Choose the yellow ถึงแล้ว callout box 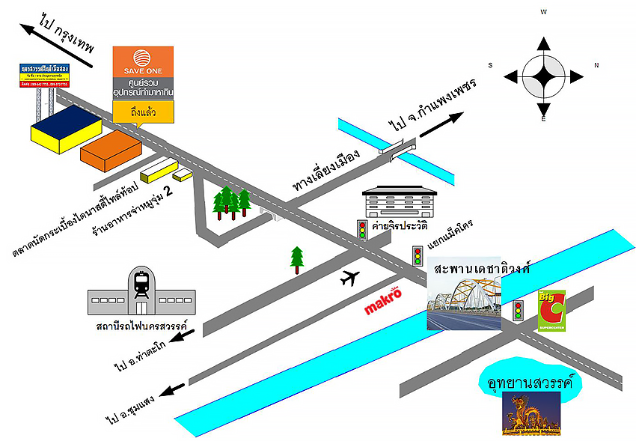tap(143, 111)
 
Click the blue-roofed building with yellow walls tap(67, 129)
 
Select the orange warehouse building tap(111, 147)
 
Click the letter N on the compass tap(596, 65)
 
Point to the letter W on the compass tap(544, 12)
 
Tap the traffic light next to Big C tap(518, 311)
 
